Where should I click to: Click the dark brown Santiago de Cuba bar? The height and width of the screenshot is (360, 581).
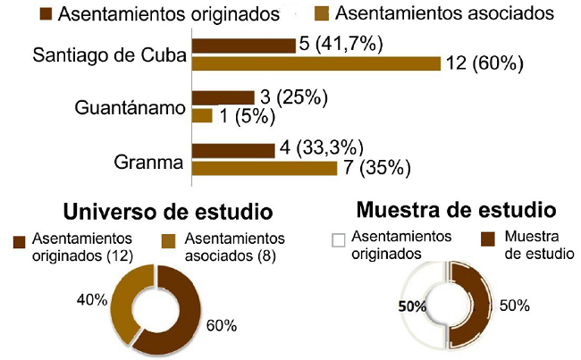pos(243,46)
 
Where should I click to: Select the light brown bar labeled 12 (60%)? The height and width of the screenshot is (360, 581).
pos(316,63)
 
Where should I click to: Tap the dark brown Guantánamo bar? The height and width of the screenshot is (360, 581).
pos(223,97)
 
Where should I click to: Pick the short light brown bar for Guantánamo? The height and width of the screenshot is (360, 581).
pos(202,115)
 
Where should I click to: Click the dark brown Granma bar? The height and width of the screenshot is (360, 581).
pos(232,149)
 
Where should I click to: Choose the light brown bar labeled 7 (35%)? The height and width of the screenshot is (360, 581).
pos(264,167)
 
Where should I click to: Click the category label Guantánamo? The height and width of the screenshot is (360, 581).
pos(130,107)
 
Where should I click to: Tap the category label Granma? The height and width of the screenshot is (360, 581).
pos(149,163)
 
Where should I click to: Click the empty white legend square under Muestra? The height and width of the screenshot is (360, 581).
pos(338,239)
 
